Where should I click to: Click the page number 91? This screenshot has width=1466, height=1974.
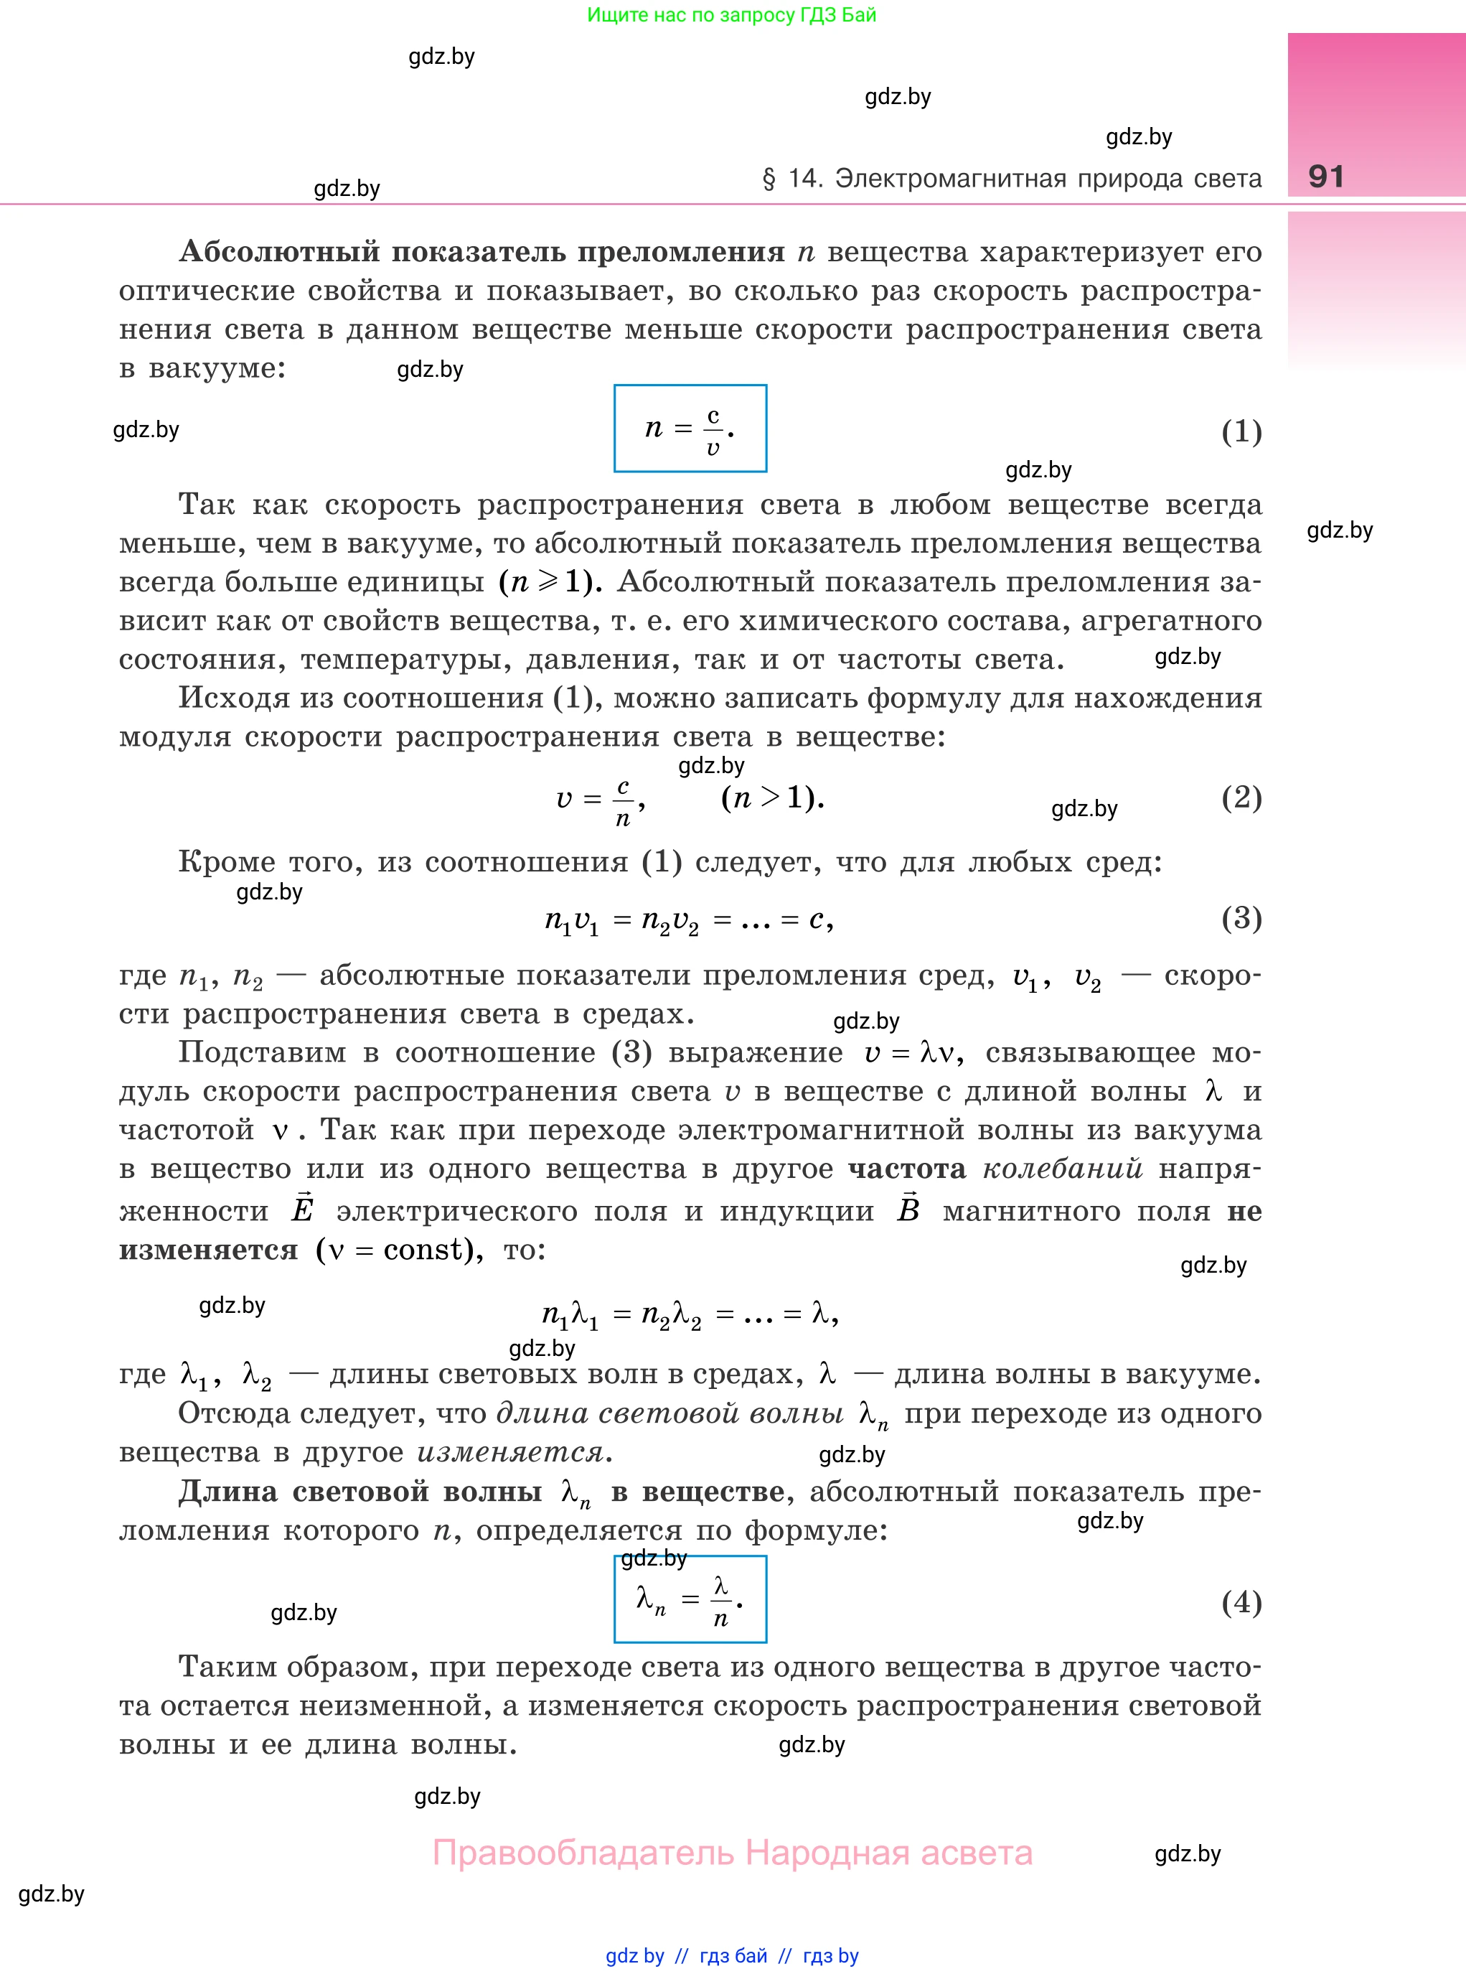point(1326,177)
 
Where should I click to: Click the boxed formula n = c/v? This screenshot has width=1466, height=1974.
point(690,429)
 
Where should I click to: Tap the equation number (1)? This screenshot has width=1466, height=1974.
point(1241,431)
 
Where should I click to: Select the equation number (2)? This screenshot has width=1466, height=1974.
point(1241,797)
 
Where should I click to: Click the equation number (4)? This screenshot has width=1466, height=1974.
point(1241,1602)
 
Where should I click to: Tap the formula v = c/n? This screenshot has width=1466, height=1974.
point(600,800)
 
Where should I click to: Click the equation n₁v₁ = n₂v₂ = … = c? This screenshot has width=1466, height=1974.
point(689,920)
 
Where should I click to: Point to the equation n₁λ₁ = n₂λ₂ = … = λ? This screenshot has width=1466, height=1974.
point(690,1314)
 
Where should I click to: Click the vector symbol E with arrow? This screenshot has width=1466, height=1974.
point(303,1208)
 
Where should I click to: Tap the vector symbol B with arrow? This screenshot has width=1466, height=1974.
point(908,1208)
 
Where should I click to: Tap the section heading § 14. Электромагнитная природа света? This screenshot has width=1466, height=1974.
point(1012,179)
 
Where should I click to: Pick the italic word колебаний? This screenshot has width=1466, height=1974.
point(1062,1169)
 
